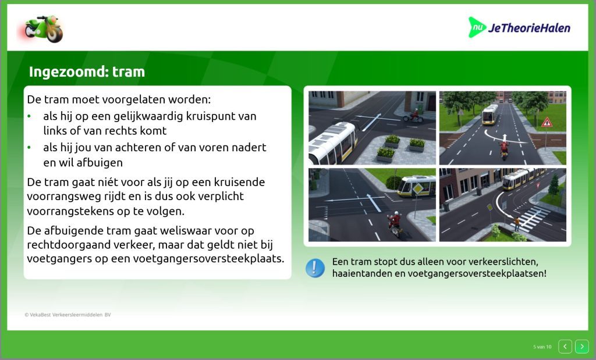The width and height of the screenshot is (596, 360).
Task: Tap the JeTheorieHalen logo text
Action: click(528, 28)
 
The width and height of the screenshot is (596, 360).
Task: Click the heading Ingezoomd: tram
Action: click(87, 72)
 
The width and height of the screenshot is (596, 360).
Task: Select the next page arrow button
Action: click(581, 346)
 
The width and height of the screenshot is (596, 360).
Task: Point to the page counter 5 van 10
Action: click(542, 347)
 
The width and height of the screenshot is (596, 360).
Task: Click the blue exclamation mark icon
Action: click(315, 268)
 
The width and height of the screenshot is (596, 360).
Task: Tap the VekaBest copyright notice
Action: click(68, 315)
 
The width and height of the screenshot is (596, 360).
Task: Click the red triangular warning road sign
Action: click(547, 122)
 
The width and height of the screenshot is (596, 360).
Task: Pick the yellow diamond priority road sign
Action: click(418, 188)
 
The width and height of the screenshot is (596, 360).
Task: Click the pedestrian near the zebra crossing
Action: click(517, 224)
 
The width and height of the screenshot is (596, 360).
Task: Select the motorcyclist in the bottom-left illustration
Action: click(394, 223)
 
